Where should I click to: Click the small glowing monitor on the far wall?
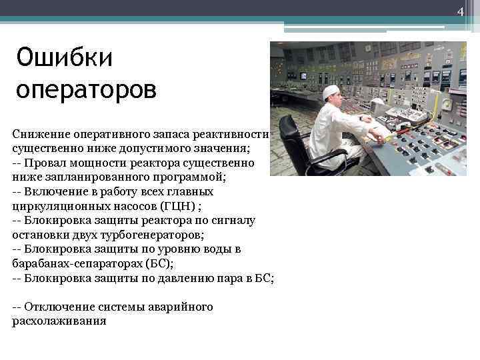click(x=302, y=75)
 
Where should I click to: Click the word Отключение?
click(x=57, y=307)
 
